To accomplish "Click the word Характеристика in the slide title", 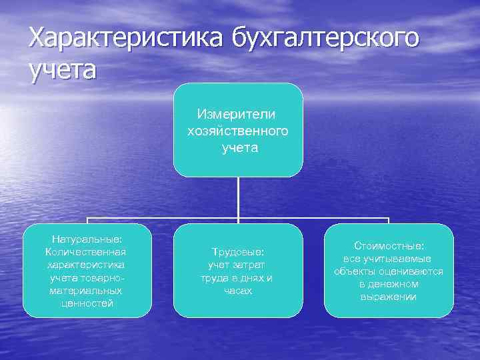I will pyautogui.click(x=127, y=38).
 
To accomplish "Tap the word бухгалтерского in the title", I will pyautogui.click(x=326, y=38).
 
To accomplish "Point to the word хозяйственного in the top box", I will pyautogui.click(x=238, y=131).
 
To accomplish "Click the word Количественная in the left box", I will pyautogui.click(x=85, y=251).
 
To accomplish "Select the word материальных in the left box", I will pyautogui.click(x=85, y=291).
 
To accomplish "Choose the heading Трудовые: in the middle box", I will pyautogui.click(x=238, y=252).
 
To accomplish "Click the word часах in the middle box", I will pyautogui.click(x=238, y=291).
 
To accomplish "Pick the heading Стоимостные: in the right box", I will pyautogui.click(x=389, y=245).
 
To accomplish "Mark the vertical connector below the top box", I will pyautogui.click(x=238, y=197).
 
